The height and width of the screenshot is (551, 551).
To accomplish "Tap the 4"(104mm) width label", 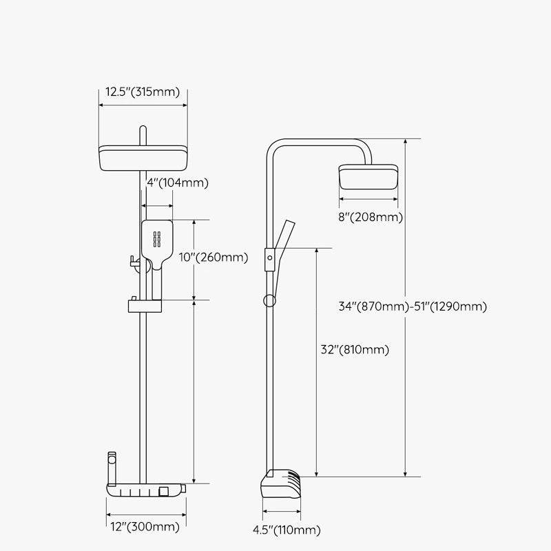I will (178, 183).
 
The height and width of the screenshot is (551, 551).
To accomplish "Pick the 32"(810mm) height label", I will (355, 350).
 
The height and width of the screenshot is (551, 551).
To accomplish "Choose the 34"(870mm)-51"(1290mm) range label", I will (413, 306).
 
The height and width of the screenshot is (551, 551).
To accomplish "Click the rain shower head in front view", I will (143, 158).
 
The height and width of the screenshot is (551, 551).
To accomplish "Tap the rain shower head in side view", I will (368, 177).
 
